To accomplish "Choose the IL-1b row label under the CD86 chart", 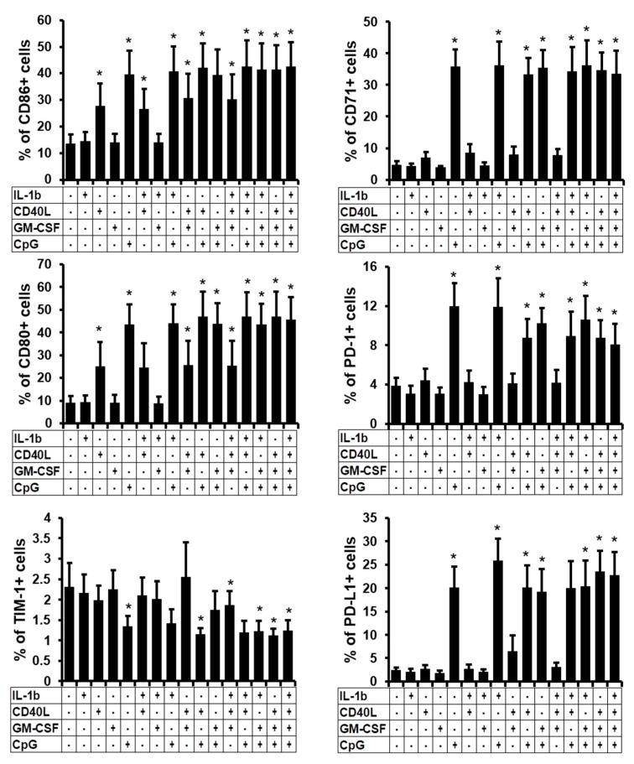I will coord(29,195).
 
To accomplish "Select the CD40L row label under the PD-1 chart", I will coord(359,454).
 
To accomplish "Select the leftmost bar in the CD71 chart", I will coord(397,172).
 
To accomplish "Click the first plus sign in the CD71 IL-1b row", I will coord(412,195).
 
